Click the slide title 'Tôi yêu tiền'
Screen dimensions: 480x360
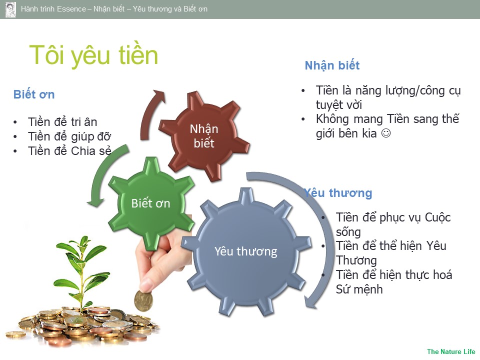93,55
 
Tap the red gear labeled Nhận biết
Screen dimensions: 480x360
204,136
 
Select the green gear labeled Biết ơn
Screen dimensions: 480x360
150,203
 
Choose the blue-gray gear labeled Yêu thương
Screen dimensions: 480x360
246,251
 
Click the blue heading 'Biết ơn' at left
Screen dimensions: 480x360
34,94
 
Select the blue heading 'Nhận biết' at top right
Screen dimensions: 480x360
332,65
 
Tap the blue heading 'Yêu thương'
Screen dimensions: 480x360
338,193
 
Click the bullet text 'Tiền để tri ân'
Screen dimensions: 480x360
62,122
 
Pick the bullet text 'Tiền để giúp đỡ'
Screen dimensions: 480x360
69,136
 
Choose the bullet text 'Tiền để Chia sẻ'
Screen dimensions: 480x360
69,151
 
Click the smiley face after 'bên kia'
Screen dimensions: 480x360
385,133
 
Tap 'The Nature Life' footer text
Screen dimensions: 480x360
451,351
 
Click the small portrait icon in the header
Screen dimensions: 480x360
10,9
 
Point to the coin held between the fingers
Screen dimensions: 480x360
143,301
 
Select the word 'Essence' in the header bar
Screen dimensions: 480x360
71,9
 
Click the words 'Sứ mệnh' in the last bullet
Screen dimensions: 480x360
359,289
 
